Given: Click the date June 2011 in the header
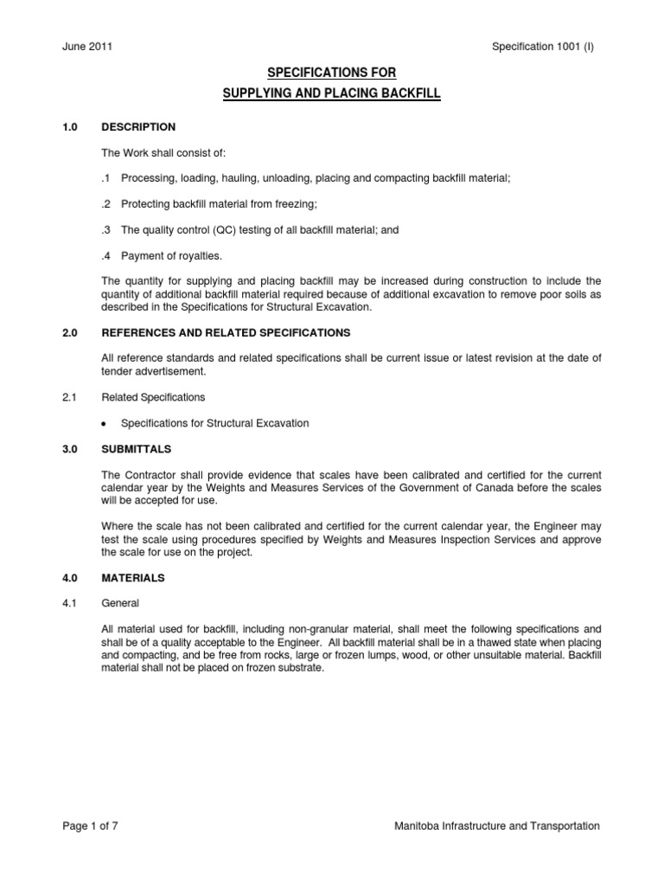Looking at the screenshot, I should [86, 46].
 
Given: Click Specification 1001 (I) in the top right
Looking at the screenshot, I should [541, 46].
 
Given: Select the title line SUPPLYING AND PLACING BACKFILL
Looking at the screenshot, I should [332, 94].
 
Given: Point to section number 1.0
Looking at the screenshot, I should [70, 127].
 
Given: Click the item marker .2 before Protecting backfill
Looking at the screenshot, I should [107, 204].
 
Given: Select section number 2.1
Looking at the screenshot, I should [70, 397].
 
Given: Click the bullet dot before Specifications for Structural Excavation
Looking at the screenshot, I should [105, 424].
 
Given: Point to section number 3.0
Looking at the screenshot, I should [70, 449].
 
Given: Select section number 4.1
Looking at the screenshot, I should [70, 603].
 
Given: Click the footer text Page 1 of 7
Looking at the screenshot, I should [91, 826].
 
